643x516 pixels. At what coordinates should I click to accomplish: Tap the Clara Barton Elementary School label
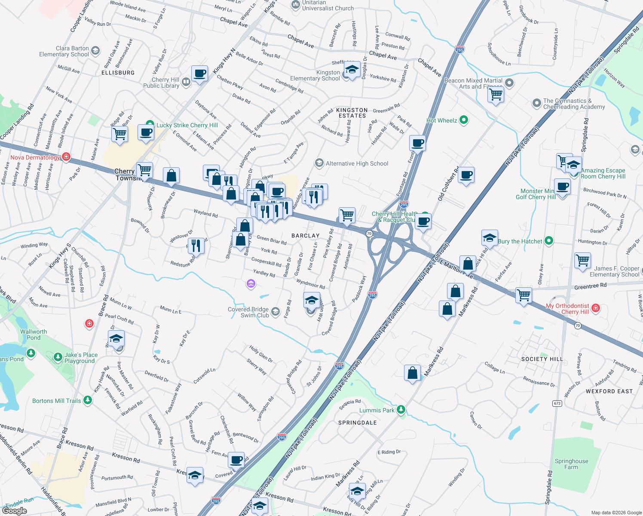[64, 51]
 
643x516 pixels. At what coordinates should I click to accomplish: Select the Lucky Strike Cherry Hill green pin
[150, 125]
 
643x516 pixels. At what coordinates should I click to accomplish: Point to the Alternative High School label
[357, 163]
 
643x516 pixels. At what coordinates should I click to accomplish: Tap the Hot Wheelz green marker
[464, 120]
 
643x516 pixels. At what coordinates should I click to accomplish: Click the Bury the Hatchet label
[520, 241]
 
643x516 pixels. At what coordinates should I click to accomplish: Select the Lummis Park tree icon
[401, 410]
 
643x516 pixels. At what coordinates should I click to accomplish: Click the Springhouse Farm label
[571, 464]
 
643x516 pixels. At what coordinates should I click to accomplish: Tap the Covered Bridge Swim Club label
[248, 312]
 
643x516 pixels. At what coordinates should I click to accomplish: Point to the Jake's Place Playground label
[81, 358]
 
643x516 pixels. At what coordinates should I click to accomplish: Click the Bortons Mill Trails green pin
[88, 400]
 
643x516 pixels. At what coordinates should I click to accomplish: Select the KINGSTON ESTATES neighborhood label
[352, 113]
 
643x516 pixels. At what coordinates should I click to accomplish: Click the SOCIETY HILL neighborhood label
[542, 359]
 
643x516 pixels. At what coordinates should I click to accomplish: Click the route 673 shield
[557, 403]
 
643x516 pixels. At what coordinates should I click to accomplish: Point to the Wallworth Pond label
[34, 335]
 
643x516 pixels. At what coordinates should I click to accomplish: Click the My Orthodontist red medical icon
[596, 307]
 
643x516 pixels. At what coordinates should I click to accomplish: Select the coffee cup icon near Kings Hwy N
[199, 74]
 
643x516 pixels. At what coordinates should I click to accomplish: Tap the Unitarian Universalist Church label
[328, 5]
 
